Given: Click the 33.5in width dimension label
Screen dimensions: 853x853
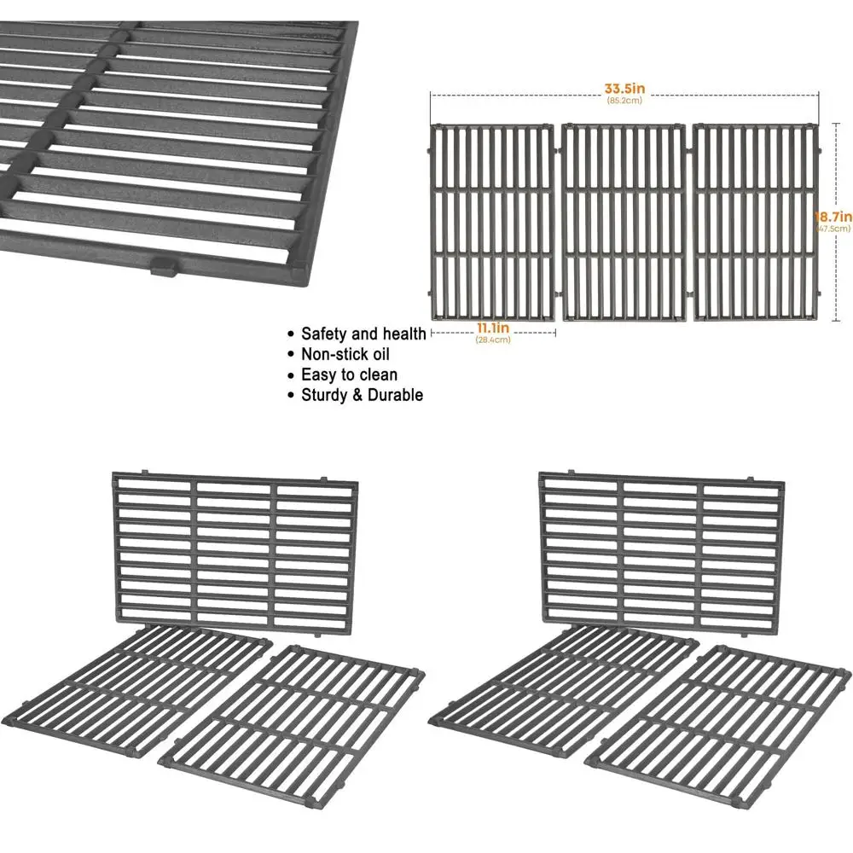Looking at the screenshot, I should [x=624, y=88].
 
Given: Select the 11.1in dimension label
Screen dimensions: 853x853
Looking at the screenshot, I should [x=492, y=328].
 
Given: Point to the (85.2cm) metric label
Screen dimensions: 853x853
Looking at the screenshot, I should [x=624, y=101].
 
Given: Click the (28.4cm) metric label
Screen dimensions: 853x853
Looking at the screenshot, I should [x=492, y=339].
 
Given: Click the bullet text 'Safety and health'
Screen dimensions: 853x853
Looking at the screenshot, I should [x=363, y=334].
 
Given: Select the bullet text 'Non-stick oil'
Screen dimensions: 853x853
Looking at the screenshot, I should [x=345, y=354].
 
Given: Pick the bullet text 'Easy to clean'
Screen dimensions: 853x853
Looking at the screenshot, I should [x=349, y=374].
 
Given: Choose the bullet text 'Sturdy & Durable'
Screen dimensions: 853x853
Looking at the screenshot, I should [x=362, y=395].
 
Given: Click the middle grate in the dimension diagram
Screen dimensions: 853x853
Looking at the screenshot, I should [x=624, y=223].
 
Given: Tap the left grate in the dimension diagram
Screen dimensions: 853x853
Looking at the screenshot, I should [x=491, y=223].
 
